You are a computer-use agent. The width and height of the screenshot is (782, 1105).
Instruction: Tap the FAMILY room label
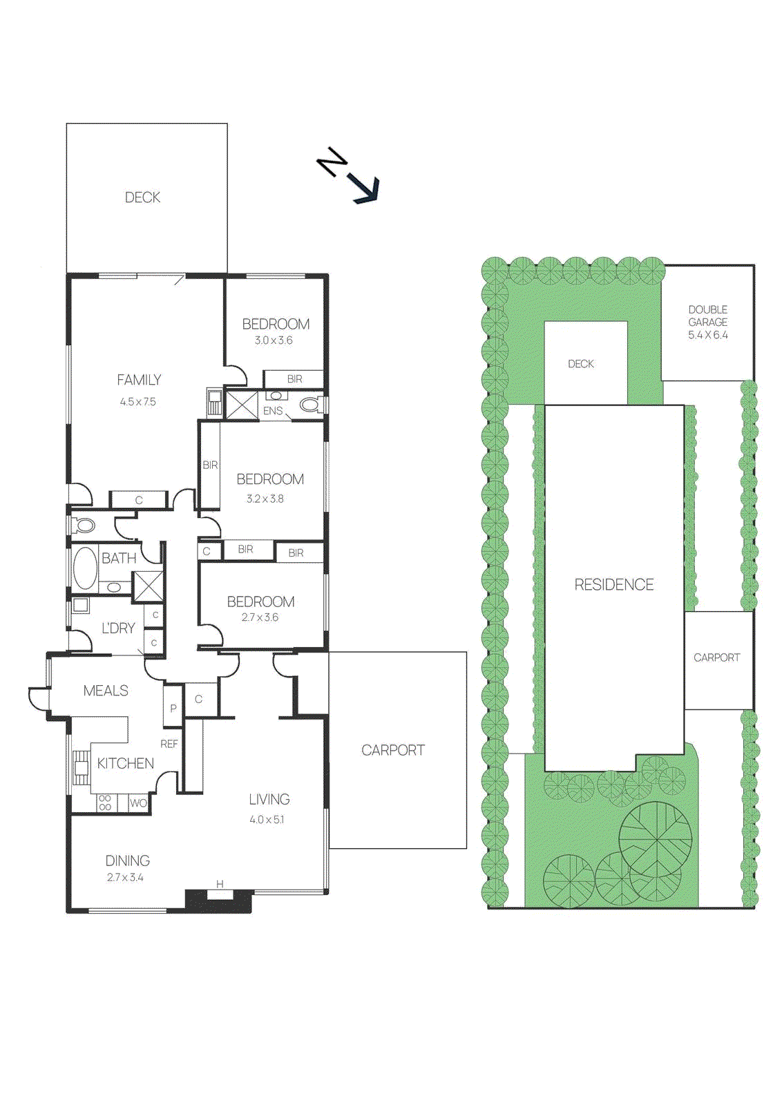139,380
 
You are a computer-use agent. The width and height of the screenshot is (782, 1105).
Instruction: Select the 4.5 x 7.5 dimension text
138,401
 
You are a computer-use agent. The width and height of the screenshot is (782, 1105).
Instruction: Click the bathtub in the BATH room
85,568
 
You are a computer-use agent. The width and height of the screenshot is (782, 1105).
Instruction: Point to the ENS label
273,411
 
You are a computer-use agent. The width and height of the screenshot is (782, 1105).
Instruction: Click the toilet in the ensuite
310,405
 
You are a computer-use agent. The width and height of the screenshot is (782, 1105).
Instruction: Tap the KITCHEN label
125,763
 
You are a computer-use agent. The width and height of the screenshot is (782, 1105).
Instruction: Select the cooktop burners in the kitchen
105,803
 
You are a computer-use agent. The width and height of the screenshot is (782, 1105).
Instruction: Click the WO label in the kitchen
138,803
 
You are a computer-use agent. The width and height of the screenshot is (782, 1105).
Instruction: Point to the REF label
169,744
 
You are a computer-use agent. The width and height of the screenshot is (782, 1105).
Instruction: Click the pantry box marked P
173,708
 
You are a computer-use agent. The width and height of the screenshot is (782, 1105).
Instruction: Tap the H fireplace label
220,884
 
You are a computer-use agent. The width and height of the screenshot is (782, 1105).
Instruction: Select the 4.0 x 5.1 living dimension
267,820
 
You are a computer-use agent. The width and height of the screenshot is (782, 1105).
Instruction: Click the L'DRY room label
118,628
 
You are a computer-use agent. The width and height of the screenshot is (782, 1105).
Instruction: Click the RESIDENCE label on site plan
613,585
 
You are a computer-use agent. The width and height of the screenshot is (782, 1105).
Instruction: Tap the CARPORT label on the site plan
716,657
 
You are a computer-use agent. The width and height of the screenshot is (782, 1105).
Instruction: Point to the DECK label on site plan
580,364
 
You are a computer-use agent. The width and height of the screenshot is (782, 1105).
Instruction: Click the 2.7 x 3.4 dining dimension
125,878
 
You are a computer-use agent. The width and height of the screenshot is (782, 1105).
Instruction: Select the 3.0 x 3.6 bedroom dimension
274,340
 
